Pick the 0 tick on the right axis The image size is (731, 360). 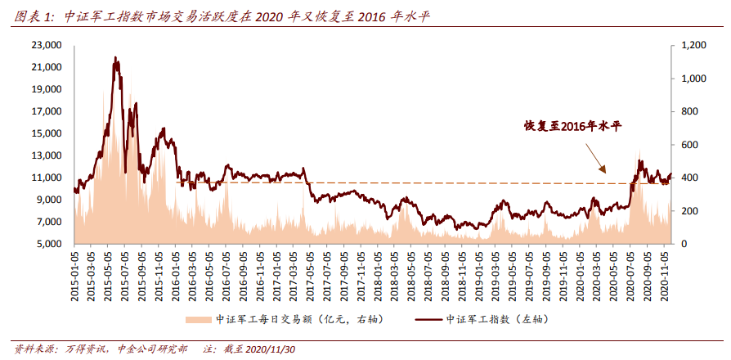[681, 244]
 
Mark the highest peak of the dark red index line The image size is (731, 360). [115, 58]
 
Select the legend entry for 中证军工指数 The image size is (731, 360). [491, 318]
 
